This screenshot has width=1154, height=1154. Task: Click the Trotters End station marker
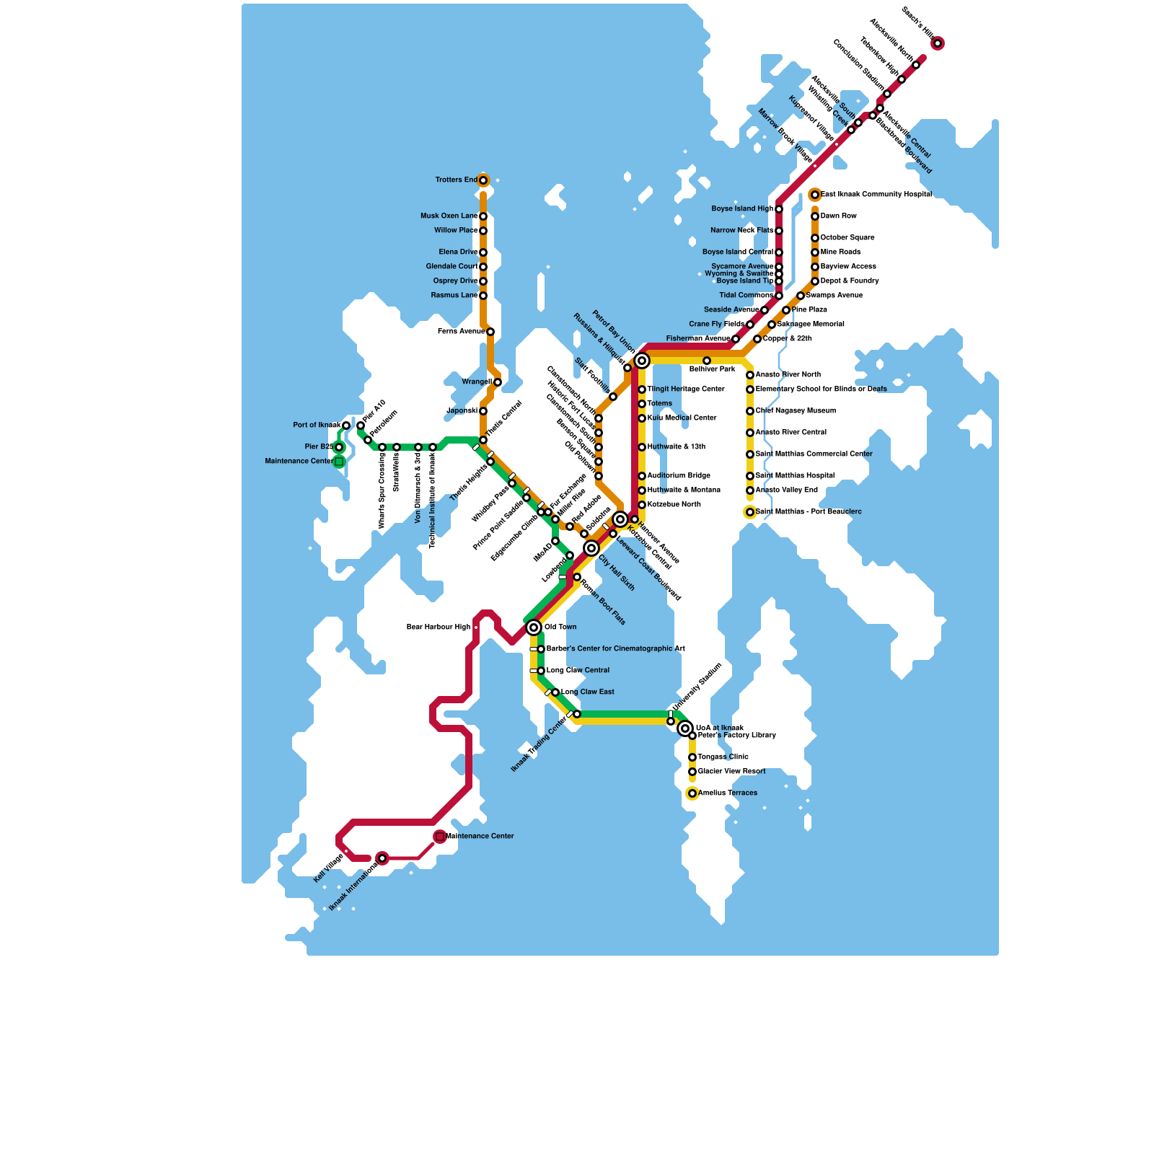click(x=483, y=180)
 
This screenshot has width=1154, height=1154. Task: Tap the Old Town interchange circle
click(x=534, y=627)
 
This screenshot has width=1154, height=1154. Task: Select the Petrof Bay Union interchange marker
click(x=642, y=361)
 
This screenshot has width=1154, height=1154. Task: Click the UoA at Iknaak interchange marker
click(x=685, y=728)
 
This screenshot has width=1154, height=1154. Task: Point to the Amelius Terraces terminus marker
click(x=692, y=793)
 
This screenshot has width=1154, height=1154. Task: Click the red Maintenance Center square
click(x=440, y=837)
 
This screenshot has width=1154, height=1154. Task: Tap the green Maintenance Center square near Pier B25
click(x=339, y=462)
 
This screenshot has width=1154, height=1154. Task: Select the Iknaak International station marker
click(x=382, y=858)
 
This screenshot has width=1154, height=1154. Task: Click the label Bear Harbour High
click(x=438, y=627)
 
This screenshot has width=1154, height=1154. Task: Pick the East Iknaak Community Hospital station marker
click(x=815, y=195)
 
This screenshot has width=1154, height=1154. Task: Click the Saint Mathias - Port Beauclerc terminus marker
click(x=750, y=512)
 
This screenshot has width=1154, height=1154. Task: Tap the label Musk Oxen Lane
click(x=449, y=216)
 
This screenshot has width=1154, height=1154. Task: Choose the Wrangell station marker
click(x=498, y=382)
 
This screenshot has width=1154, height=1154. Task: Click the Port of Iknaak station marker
click(x=346, y=426)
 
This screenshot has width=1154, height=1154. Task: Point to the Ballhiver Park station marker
click(x=707, y=361)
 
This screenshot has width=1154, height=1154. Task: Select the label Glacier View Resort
click(x=731, y=772)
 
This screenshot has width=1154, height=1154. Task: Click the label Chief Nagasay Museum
click(x=796, y=411)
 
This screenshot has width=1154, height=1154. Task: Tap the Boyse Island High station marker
click(x=779, y=209)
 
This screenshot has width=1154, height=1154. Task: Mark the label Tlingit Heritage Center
click(x=685, y=389)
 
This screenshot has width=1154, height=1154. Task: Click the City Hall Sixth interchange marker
click(x=591, y=548)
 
